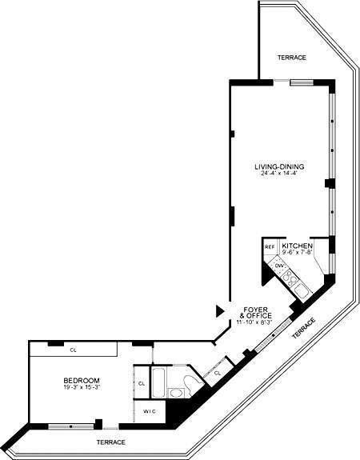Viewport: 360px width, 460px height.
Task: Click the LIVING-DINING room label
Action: click(278, 166)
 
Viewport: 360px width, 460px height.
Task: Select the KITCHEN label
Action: click(297, 246)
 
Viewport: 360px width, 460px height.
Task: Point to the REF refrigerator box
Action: click(270, 247)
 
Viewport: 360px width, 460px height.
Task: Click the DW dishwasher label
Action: click(279, 265)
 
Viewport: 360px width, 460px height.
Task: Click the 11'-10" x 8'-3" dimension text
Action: click(255, 322)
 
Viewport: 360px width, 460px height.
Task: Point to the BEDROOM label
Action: click(82, 380)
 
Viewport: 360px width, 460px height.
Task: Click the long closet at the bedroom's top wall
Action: click(74, 350)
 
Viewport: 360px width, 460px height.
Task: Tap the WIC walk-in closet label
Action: click(148, 411)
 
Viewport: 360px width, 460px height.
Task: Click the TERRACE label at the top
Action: click(290, 58)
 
